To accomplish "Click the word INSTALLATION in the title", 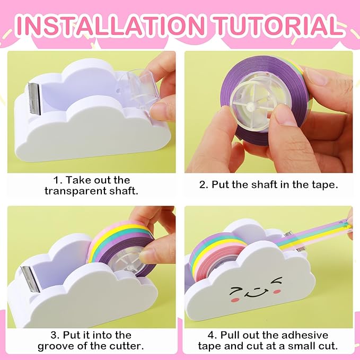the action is click(x=111, y=25).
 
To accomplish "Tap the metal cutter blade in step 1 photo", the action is click(x=35, y=98).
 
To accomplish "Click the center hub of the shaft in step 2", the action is click(x=250, y=106).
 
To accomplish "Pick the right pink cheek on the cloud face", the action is click(x=277, y=292).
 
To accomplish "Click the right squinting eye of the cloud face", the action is click(x=276, y=281).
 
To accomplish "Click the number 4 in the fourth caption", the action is click(x=211, y=335).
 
